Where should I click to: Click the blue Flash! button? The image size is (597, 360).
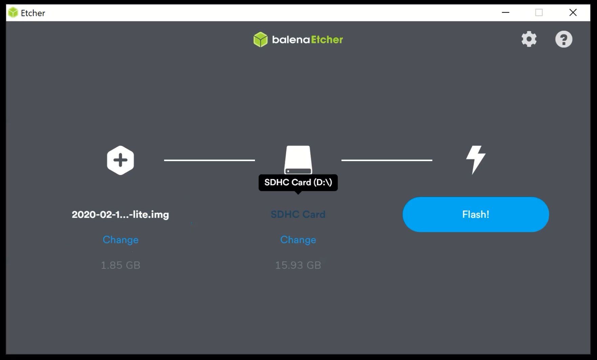pyautogui.click(x=475, y=215)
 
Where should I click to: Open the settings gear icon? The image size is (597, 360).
pyautogui.click(x=529, y=39)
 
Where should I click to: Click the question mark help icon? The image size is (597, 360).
pyautogui.click(x=564, y=39)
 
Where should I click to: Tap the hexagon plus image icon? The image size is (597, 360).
pyautogui.click(x=121, y=160)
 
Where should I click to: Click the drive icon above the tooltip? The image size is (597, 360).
pyautogui.click(x=298, y=160)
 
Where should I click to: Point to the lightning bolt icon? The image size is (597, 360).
pyautogui.click(x=476, y=160)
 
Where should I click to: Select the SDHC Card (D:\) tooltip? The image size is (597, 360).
pyautogui.click(x=298, y=183)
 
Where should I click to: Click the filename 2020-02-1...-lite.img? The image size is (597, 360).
pyautogui.click(x=120, y=215)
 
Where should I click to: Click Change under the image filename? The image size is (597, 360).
pyautogui.click(x=121, y=240)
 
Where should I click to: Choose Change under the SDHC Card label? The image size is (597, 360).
pyautogui.click(x=298, y=240)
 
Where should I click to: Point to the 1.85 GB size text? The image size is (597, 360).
pyautogui.click(x=121, y=265)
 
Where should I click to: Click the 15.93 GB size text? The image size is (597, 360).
pyautogui.click(x=298, y=265)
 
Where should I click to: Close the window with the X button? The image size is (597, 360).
pyautogui.click(x=573, y=13)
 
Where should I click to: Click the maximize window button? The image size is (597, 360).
pyautogui.click(x=539, y=13)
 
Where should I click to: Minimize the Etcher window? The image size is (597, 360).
pyautogui.click(x=506, y=13)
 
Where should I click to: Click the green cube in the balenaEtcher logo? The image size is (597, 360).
pyautogui.click(x=260, y=40)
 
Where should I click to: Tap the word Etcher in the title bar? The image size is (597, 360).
pyautogui.click(x=33, y=13)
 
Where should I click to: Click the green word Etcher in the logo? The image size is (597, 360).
pyautogui.click(x=327, y=40)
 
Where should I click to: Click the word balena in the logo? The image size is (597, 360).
pyautogui.click(x=291, y=40)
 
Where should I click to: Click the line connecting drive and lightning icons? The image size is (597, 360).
pyautogui.click(x=387, y=160)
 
